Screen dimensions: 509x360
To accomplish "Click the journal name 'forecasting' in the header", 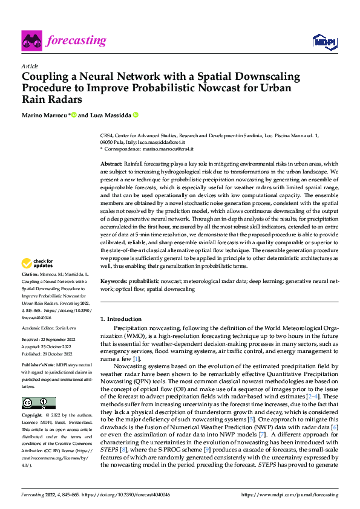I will click(78, 41).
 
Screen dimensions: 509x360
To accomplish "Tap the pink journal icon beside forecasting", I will click(33, 41).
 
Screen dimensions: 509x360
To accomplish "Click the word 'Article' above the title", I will click(30, 66).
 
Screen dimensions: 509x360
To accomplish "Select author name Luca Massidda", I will click(110, 115).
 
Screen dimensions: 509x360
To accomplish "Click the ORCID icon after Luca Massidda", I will click(136, 115).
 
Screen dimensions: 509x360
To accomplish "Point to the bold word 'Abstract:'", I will click(111, 164).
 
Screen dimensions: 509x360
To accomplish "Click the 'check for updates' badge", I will click(37, 264).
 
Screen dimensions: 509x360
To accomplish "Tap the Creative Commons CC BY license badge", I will click(38, 403).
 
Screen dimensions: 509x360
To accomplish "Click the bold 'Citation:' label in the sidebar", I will click(31, 274).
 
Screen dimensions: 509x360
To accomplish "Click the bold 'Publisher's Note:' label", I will click(38, 366).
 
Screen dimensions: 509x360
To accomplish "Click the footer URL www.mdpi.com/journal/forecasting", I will click(304, 494).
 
